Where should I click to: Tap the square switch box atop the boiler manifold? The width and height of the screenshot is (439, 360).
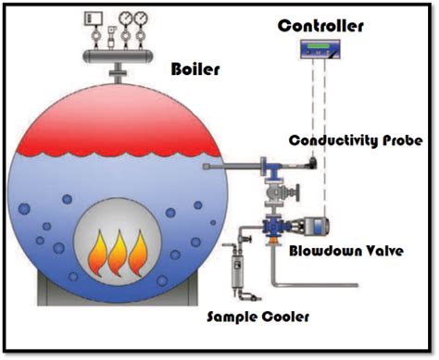[x=93, y=18]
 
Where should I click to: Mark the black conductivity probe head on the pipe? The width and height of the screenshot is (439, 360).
[x=311, y=163]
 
